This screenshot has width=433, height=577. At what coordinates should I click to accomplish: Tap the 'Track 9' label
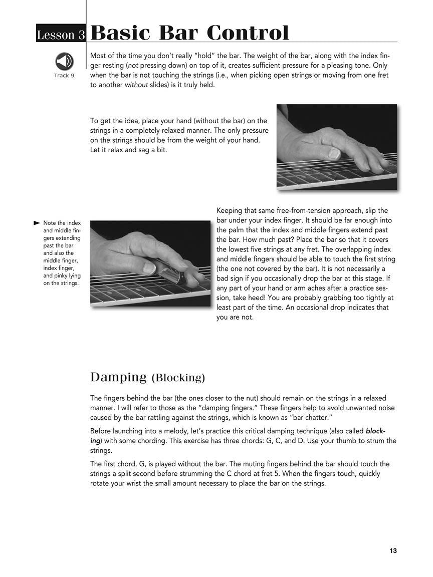click(x=64, y=76)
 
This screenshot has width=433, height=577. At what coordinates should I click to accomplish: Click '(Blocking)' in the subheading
click(x=178, y=378)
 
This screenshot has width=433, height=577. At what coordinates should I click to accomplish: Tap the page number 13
click(x=393, y=551)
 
